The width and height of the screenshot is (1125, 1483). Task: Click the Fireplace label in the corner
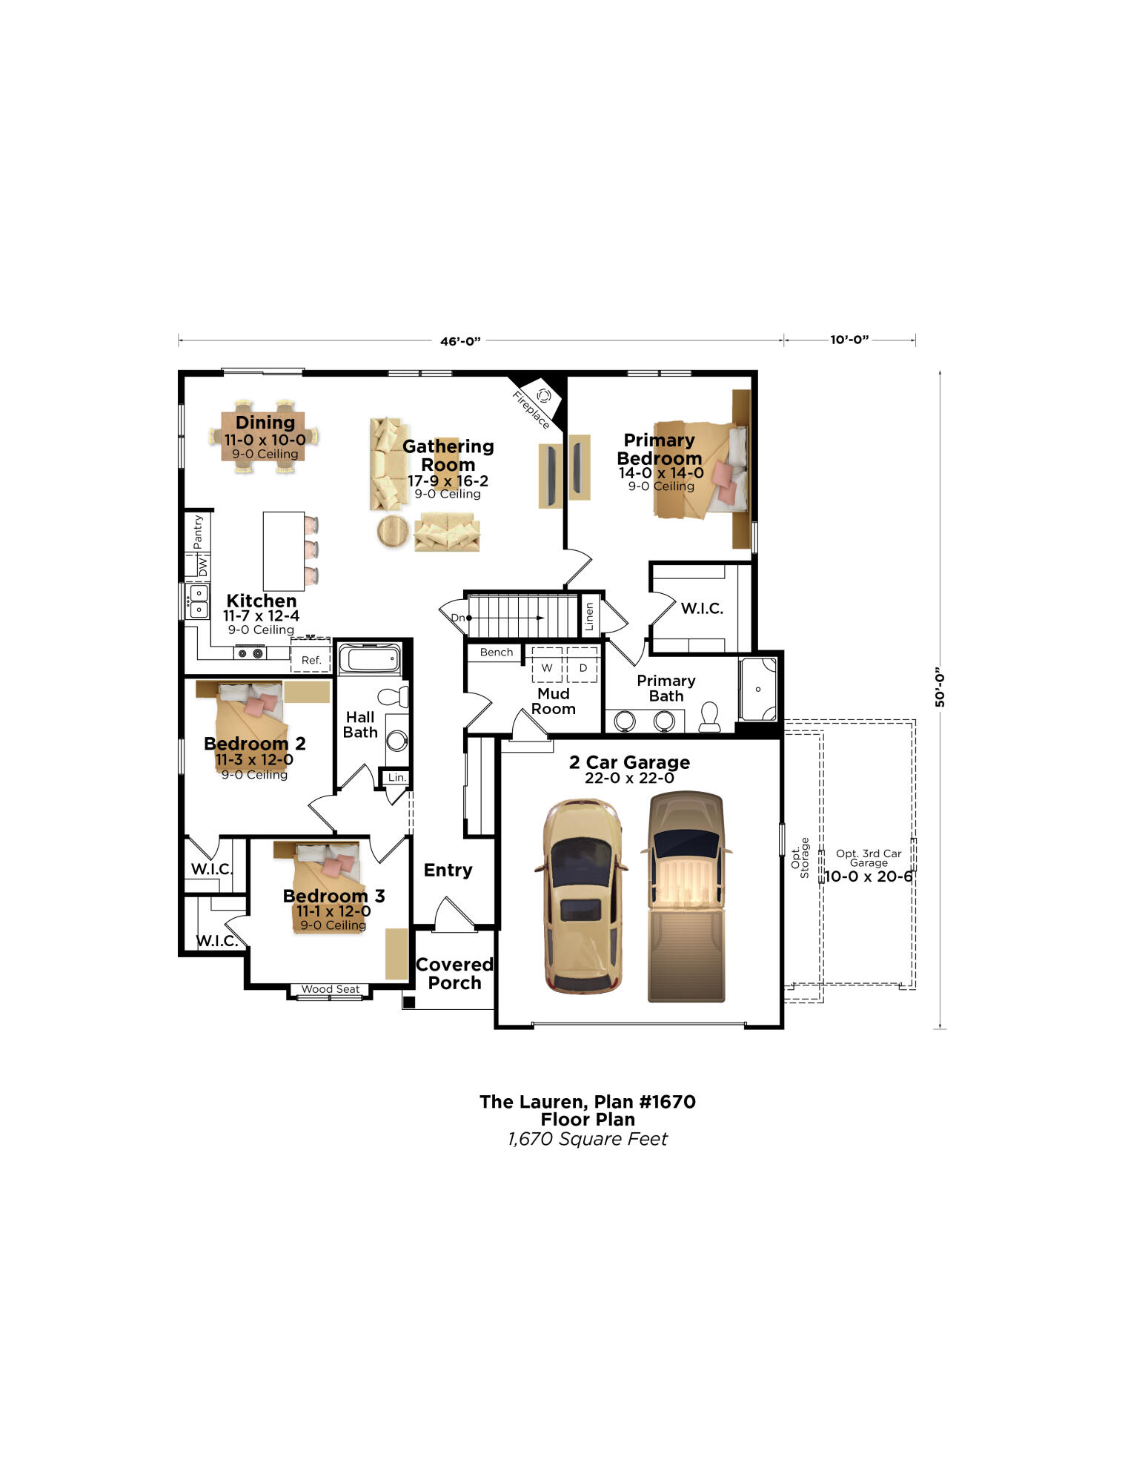pyautogui.click(x=531, y=410)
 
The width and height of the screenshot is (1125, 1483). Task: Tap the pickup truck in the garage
pyautogui.click(x=686, y=897)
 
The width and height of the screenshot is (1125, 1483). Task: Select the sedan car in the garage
pyautogui.click(x=583, y=896)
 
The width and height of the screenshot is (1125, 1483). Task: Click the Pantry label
pyautogui.click(x=197, y=532)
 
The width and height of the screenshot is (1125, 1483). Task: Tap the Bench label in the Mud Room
pyautogui.click(x=496, y=653)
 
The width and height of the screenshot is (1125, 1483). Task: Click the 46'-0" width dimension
pyautogui.click(x=460, y=341)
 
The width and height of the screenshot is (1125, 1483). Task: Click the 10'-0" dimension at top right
pyautogui.click(x=849, y=340)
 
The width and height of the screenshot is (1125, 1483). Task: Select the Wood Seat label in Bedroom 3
pyautogui.click(x=331, y=989)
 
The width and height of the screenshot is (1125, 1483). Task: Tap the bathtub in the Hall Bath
pyautogui.click(x=370, y=658)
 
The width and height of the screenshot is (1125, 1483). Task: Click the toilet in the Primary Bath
pyautogui.click(x=709, y=717)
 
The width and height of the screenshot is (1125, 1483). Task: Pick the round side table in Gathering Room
pyautogui.click(x=392, y=531)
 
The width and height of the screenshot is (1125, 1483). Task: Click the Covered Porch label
pyautogui.click(x=454, y=974)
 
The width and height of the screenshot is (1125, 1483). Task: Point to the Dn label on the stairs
pyautogui.click(x=458, y=618)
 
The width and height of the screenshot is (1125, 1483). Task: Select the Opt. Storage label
pyautogui.click(x=800, y=858)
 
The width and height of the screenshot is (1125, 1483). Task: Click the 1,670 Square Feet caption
pyautogui.click(x=588, y=1139)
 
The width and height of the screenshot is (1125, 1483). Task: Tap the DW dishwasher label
pyautogui.click(x=202, y=567)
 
